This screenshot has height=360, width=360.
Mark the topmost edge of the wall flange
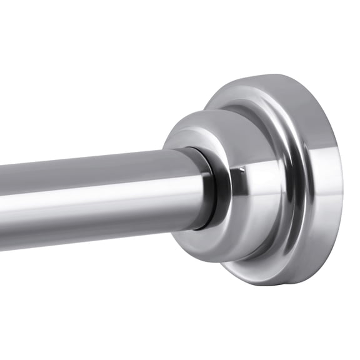[x=275, y=77]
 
